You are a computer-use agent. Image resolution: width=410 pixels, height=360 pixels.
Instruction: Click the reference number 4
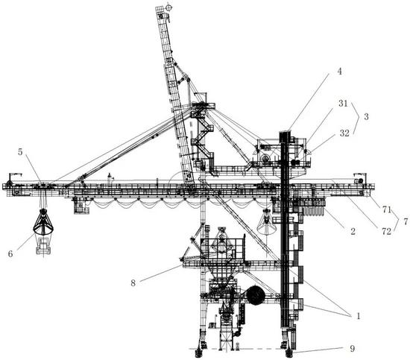[339, 72]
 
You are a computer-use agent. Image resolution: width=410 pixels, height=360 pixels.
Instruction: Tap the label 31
[344, 104]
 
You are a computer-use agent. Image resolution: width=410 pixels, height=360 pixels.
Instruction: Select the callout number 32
[344, 133]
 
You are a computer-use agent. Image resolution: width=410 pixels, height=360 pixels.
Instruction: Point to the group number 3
[366, 116]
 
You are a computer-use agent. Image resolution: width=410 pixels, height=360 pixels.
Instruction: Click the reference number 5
[20, 152]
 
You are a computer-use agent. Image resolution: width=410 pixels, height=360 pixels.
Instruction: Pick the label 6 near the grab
[10, 253]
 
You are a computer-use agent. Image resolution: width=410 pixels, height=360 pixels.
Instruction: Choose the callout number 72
[386, 231]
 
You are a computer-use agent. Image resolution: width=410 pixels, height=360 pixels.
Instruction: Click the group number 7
[406, 221]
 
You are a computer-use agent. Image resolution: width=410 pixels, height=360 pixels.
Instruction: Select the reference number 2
[353, 231]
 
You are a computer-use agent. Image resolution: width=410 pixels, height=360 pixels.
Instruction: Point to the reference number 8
[133, 283]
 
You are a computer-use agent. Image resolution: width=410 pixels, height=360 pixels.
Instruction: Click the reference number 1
[359, 316]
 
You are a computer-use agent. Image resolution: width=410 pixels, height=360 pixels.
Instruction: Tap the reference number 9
[352, 349]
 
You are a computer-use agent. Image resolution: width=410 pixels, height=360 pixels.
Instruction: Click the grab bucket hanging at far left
[43, 221]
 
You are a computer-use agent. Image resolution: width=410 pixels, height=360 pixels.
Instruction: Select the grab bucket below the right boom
[266, 221]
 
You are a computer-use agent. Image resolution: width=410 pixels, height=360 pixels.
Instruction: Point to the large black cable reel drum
[256, 295]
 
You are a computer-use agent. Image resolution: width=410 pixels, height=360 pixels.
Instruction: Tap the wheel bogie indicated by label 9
[289, 353]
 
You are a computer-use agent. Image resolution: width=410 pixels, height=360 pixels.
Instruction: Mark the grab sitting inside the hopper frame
[221, 240]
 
